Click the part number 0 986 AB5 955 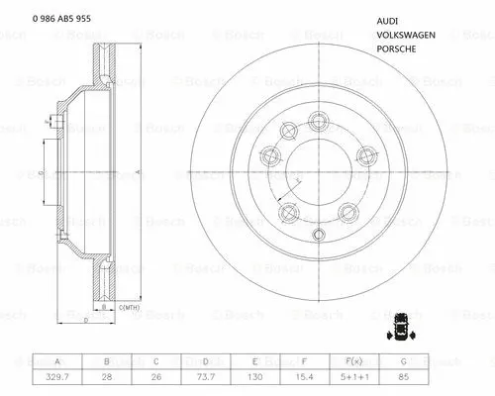tap(61, 19)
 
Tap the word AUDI tap(389, 21)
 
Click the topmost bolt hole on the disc tap(320, 121)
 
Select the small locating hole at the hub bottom tap(318, 234)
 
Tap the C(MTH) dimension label tap(132, 309)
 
